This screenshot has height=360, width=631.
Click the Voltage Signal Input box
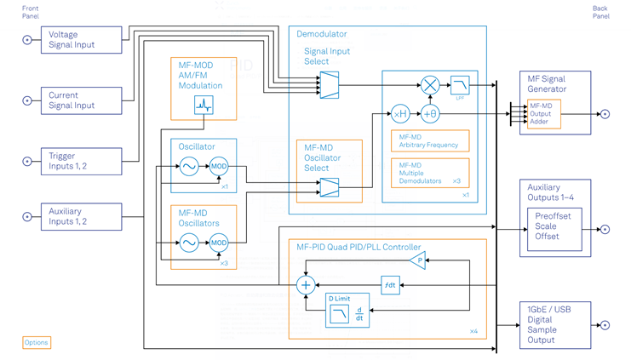point(82,40)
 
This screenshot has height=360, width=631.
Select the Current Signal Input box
point(82,100)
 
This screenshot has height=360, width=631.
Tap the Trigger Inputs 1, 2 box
point(82,161)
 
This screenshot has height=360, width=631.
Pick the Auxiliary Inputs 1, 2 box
point(82,216)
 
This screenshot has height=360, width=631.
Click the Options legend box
point(36,342)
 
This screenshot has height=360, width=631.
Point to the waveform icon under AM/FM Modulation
point(204,105)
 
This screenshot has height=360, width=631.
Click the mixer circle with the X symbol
point(430,85)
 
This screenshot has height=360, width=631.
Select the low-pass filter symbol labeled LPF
point(459,85)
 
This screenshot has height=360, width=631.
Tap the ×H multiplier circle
point(400,114)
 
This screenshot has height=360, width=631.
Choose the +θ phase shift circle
point(430,114)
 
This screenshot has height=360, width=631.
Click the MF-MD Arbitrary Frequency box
point(430,140)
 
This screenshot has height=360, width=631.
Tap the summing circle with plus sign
point(306,285)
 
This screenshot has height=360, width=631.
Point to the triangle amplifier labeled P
point(416,260)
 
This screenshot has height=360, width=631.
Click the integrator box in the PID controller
point(390,285)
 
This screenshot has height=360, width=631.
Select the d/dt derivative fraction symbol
point(359,314)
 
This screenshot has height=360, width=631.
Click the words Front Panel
point(31,12)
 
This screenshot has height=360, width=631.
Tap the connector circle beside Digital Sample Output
point(605,325)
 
